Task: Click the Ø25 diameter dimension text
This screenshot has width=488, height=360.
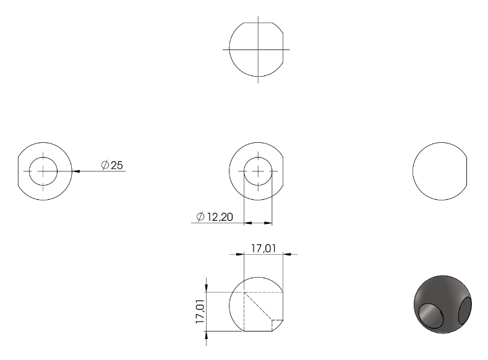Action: pos(112,165)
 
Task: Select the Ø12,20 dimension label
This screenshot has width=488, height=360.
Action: pos(215,216)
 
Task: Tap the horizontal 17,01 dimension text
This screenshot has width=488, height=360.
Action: pos(263,248)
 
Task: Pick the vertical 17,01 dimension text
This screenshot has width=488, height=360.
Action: pos(200,312)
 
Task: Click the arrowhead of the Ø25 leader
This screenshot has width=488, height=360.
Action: pos(76,171)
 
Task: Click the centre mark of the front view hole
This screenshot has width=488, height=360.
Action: pos(258,171)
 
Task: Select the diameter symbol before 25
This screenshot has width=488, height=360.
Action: pos(105,165)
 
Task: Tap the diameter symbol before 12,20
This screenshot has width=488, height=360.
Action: pos(200,216)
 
